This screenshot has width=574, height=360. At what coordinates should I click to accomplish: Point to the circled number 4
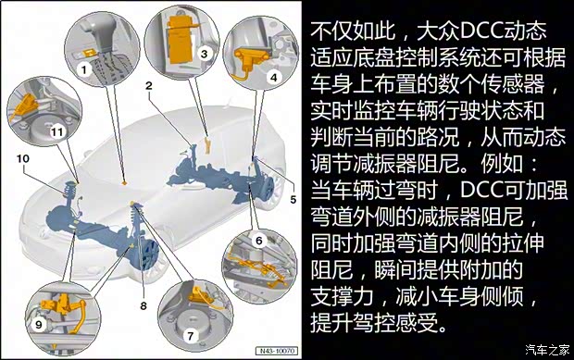[x=273, y=79]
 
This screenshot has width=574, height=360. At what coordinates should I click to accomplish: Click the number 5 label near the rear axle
[x=292, y=199]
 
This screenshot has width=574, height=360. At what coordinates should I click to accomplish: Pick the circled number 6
[x=259, y=241]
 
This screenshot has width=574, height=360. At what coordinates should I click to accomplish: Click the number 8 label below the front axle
[x=143, y=304]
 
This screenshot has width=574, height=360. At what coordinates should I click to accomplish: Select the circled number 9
[x=38, y=325]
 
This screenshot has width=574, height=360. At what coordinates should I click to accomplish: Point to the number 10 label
[x=22, y=159]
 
